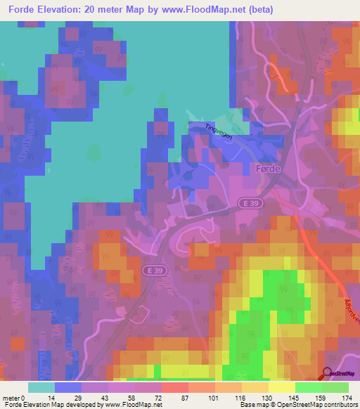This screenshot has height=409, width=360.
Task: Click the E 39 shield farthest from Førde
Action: click(x=150, y=269)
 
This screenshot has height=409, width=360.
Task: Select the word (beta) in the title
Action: click(x=256, y=10)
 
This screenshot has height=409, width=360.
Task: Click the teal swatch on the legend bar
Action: click(x=41, y=387)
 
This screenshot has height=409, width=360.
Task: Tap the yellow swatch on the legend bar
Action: click(x=281, y=387)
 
